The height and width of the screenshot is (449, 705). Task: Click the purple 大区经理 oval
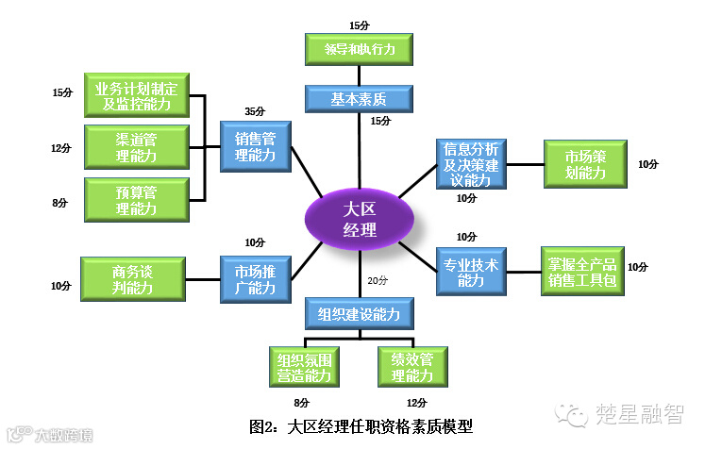coord(360,217)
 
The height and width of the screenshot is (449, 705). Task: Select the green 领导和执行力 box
coord(359,47)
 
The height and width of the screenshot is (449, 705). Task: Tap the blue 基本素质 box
coord(359,97)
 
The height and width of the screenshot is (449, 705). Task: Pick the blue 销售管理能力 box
coord(256,146)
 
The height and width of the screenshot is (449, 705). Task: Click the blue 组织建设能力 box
coord(359,313)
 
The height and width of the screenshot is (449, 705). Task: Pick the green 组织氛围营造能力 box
coord(304,368)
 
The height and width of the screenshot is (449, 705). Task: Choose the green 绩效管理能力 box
coord(411,368)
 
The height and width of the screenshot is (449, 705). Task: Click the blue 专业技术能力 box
coord(470,272)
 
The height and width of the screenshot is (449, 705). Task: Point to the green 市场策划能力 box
coord(584,164)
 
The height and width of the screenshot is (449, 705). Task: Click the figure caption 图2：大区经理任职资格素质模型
coord(361,426)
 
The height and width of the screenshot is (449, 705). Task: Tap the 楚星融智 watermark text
coord(640,412)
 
